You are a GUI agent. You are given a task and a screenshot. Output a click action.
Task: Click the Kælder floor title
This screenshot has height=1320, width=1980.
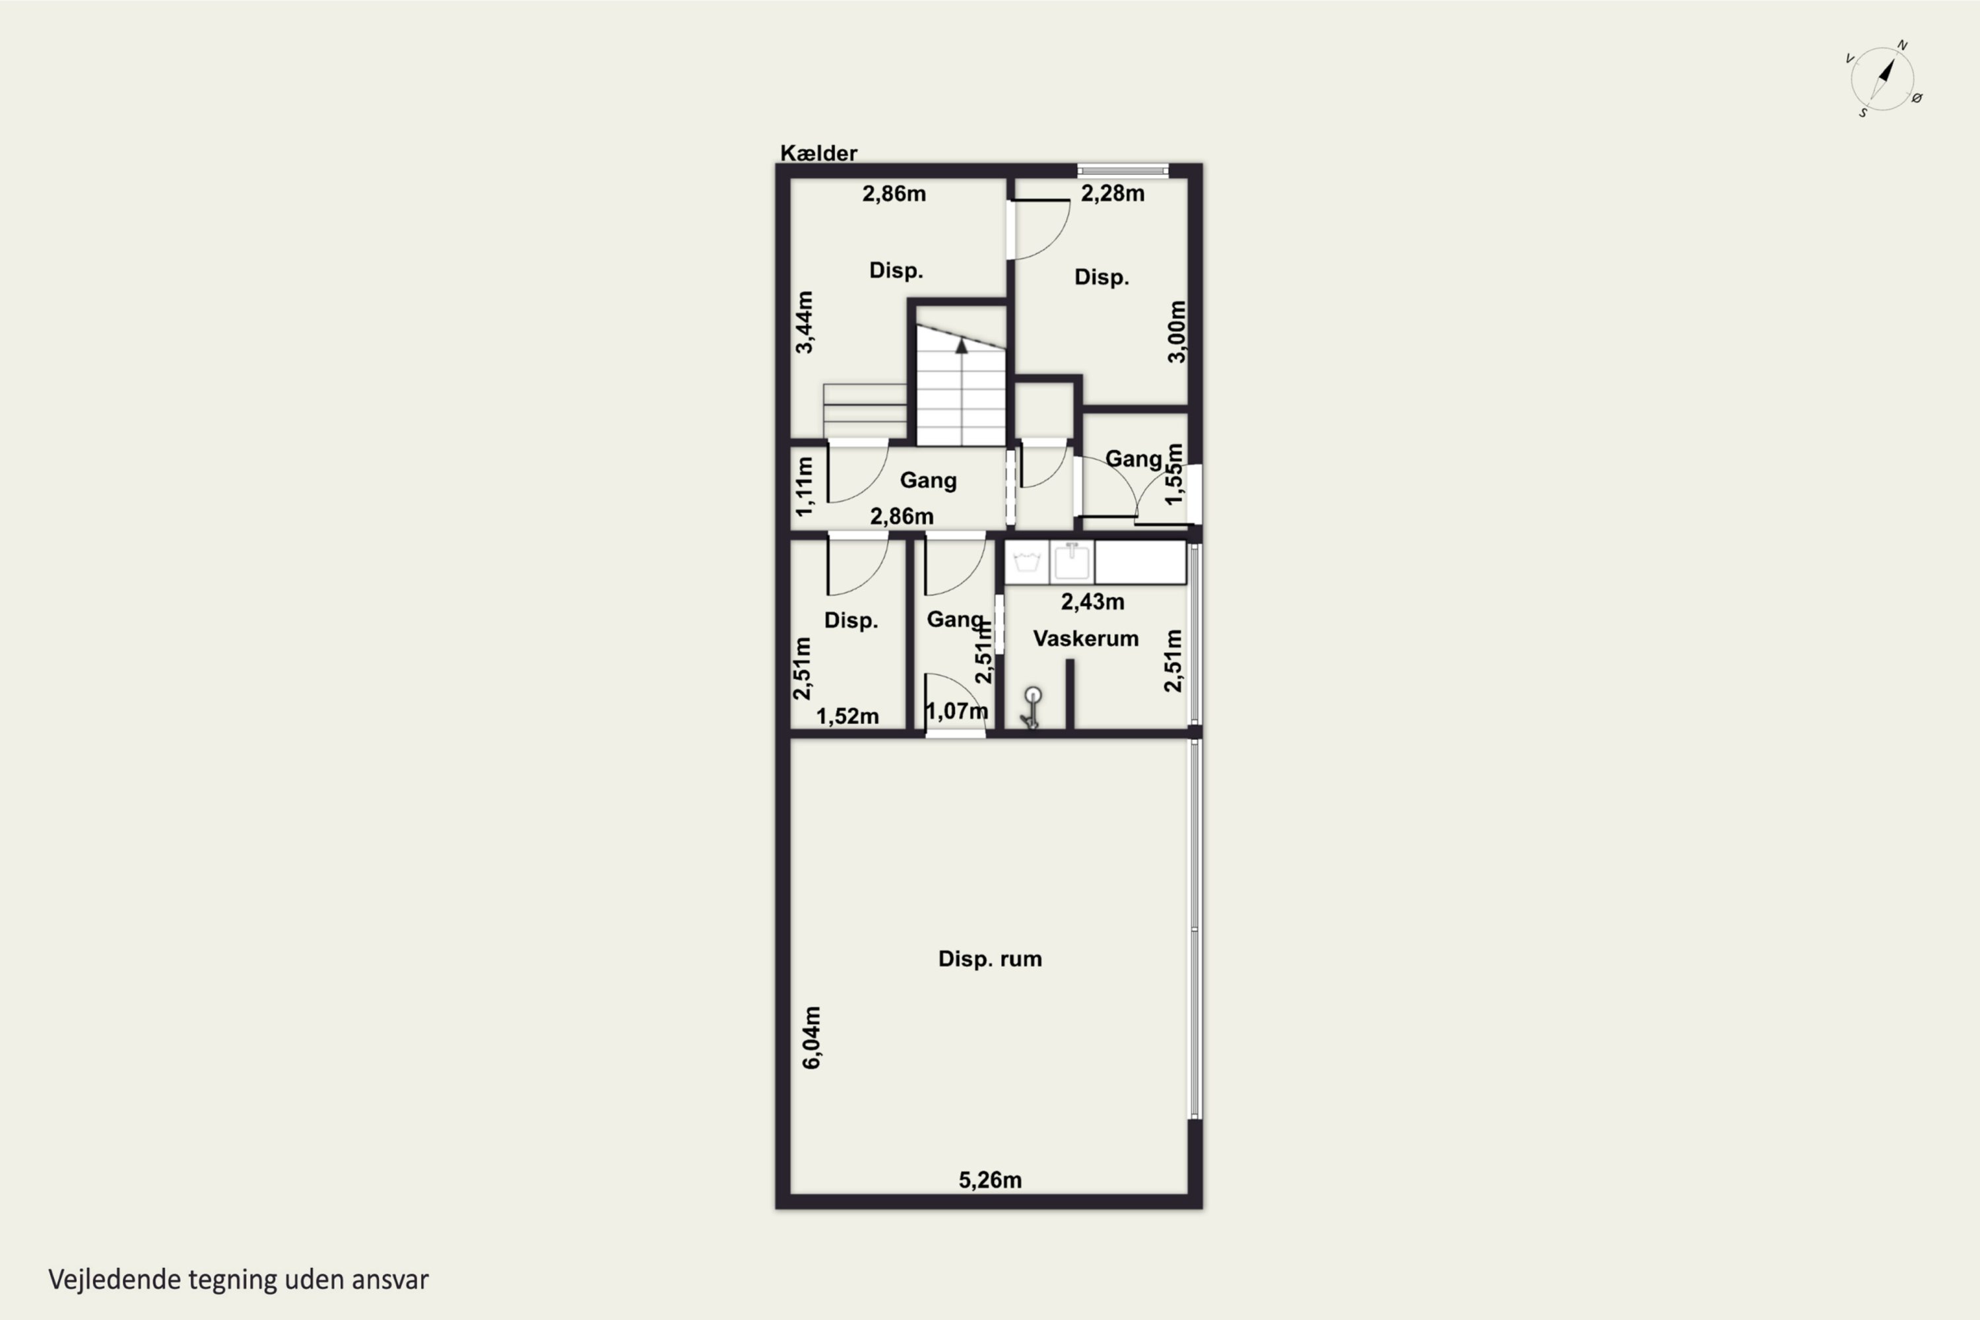pyautogui.click(x=818, y=153)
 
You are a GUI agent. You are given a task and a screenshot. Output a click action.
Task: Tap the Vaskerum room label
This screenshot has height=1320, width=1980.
pyautogui.click(x=1085, y=638)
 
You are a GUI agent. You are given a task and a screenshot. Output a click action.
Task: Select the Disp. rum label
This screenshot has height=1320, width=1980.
pyautogui.click(x=990, y=959)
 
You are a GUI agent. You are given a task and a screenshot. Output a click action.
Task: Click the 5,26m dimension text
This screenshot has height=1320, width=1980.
pyautogui.click(x=990, y=1179)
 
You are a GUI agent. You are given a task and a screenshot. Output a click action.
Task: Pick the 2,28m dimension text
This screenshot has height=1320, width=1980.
pyautogui.click(x=1112, y=193)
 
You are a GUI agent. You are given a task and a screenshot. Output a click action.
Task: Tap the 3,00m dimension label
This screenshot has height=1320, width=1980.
pyautogui.click(x=1176, y=332)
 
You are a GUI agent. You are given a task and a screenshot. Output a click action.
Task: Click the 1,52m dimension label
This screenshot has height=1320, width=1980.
pyautogui.click(x=847, y=715)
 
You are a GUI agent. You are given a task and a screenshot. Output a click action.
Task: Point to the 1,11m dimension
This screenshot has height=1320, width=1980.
pyautogui.click(x=805, y=486)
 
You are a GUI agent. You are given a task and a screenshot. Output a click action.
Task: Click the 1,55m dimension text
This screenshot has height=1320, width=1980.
pyautogui.click(x=1173, y=475)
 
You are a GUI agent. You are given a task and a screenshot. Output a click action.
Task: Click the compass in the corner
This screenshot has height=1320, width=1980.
pyautogui.click(x=1884, y=79)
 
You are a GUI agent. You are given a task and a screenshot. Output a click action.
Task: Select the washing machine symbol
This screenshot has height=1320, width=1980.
pyautogui.click(x=1026, y=562)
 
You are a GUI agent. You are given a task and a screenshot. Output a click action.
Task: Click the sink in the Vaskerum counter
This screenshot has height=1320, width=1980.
pyautogui.click(x=1072, y=562)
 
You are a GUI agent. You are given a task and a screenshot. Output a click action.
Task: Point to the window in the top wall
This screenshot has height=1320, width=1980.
pyautogui.click(x=1123, y=171)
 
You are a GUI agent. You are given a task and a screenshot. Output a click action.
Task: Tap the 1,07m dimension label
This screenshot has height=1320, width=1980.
pyautogui.click(x=956, y=711)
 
